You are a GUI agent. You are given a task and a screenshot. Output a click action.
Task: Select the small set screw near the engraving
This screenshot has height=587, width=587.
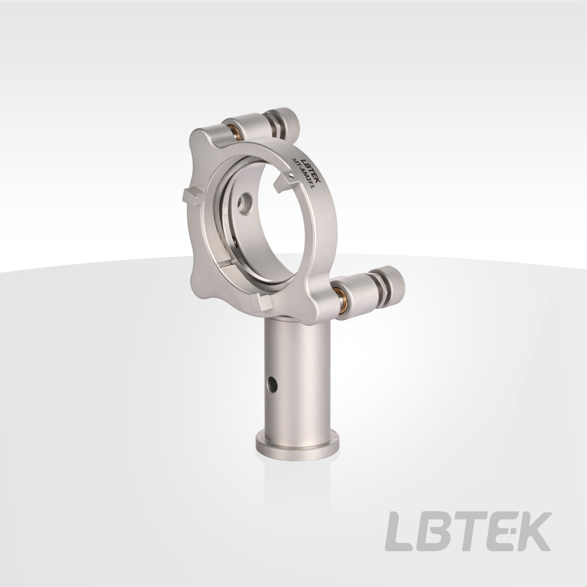[293, 175]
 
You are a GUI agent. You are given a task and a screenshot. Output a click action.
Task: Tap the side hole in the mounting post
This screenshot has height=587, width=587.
[272, 385]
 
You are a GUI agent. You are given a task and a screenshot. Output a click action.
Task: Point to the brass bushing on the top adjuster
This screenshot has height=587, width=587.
[236, 130]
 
